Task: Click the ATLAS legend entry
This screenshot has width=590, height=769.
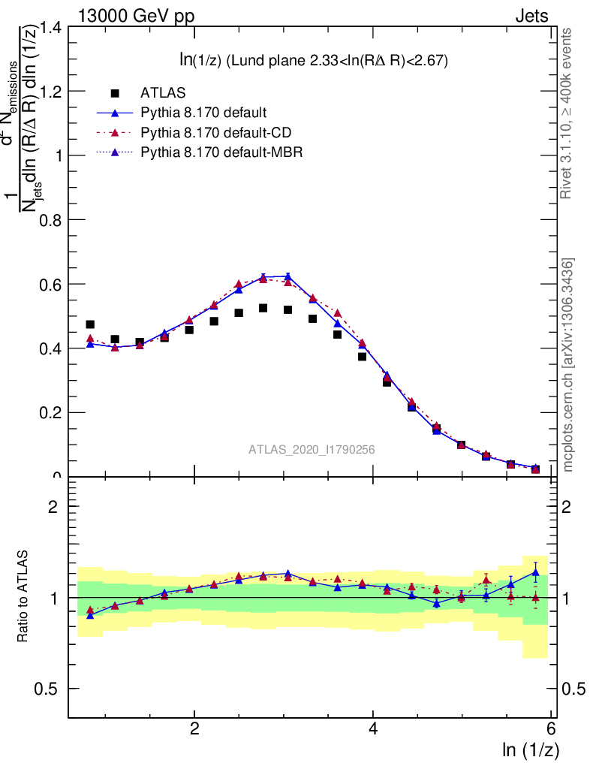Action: tap(163, 93)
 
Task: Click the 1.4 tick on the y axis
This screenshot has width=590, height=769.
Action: tap(49, 28)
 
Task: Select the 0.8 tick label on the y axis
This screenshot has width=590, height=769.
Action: tap(49, 220)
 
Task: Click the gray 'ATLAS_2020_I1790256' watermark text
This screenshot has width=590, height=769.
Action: tap(312, 450)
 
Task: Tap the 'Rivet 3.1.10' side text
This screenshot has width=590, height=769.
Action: tap(568, 113)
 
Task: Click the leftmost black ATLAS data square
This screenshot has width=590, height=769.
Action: tap(90, 324)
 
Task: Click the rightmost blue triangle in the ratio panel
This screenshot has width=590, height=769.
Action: tap(535, 572)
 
